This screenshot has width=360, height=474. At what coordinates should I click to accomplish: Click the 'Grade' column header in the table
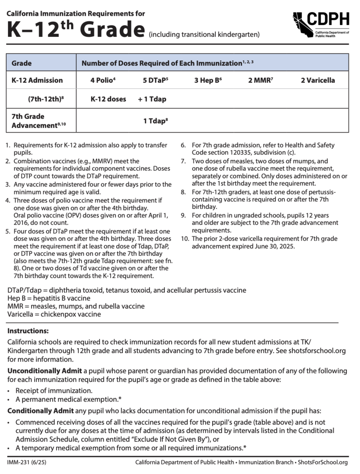21,63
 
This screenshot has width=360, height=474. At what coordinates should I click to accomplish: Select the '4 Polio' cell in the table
103,80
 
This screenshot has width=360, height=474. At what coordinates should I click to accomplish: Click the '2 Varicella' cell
317,80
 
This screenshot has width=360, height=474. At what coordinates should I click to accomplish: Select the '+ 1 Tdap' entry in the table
152,99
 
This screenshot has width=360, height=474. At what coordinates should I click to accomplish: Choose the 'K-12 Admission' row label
37,80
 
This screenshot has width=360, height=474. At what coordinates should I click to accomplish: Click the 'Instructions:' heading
28,330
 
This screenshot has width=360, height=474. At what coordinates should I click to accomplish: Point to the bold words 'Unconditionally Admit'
44,371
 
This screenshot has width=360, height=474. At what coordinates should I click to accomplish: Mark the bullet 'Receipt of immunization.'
54,391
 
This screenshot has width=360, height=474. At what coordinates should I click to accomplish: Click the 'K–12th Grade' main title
76,29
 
